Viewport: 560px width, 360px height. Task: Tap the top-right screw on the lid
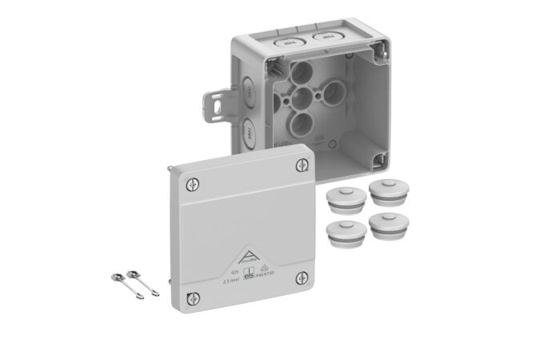click(x=300, y=166)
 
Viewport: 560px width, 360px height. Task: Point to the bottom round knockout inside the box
click(x=301, y=122)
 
